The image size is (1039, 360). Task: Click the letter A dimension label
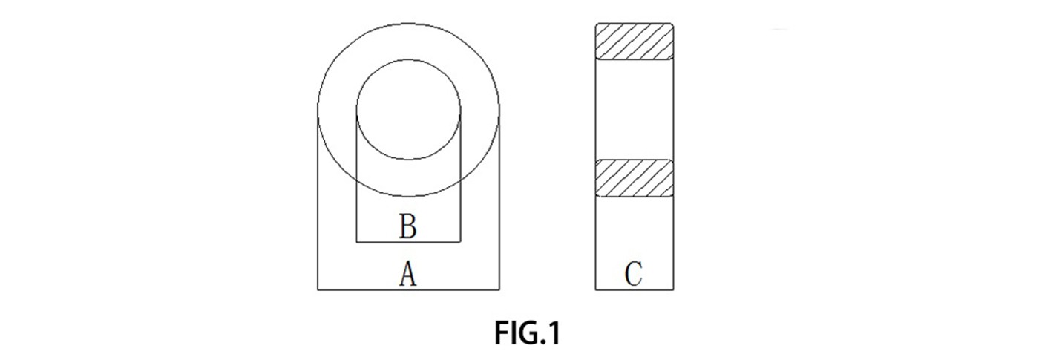point(408,273)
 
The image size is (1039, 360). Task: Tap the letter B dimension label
point(408,226)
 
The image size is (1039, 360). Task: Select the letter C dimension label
point(634,274)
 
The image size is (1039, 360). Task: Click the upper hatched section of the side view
point(635,42)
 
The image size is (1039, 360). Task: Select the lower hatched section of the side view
point(635,178)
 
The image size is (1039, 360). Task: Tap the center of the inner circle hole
point(409,110)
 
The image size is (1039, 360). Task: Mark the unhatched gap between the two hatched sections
point(635,110)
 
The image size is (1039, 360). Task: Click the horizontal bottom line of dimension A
point(409,290)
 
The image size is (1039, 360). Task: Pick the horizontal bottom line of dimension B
point(409,242)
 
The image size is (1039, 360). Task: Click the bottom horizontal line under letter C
point(635,290)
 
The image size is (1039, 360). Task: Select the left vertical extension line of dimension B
point(357,176)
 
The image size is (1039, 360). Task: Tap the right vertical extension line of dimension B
point(461,176)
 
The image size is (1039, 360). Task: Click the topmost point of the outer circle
point(409,23)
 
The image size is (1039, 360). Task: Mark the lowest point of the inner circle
point(409,160)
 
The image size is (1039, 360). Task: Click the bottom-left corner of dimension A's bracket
point(318,290)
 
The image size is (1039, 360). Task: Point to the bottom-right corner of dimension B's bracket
point(461,242)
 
